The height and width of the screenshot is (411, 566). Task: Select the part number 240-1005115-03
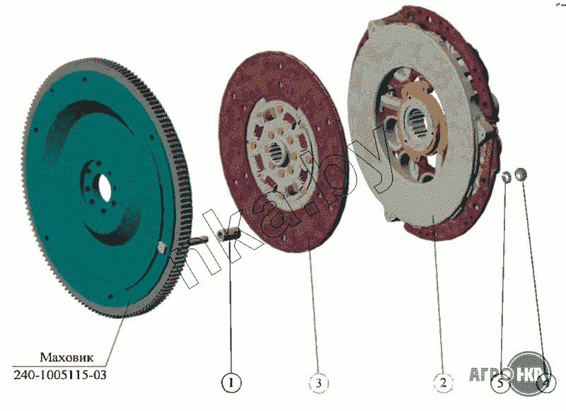(x=60, y=374)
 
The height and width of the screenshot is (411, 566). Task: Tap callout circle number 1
(x=231, y=383)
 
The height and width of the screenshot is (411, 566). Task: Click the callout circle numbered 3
(x=319, y=383)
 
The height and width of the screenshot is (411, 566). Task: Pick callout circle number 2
(x=443, y=383)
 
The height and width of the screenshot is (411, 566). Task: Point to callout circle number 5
(x=500, y=383)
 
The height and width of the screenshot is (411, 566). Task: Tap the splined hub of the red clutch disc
(x=278, y=151)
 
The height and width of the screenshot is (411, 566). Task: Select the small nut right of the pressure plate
(x=521, y=173)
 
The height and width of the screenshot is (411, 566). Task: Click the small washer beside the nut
(x=507, y=176)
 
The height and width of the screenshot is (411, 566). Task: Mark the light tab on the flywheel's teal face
(x=161, y=247)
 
